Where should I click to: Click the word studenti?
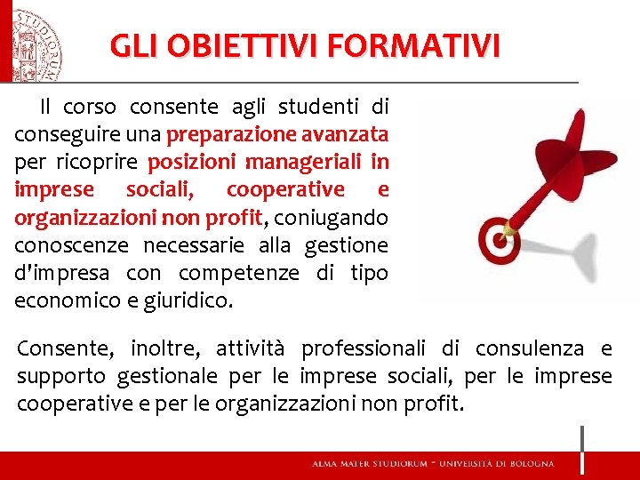318,108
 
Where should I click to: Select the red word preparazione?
228,135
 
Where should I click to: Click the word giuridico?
192,300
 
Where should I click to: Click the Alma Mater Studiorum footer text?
432,464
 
